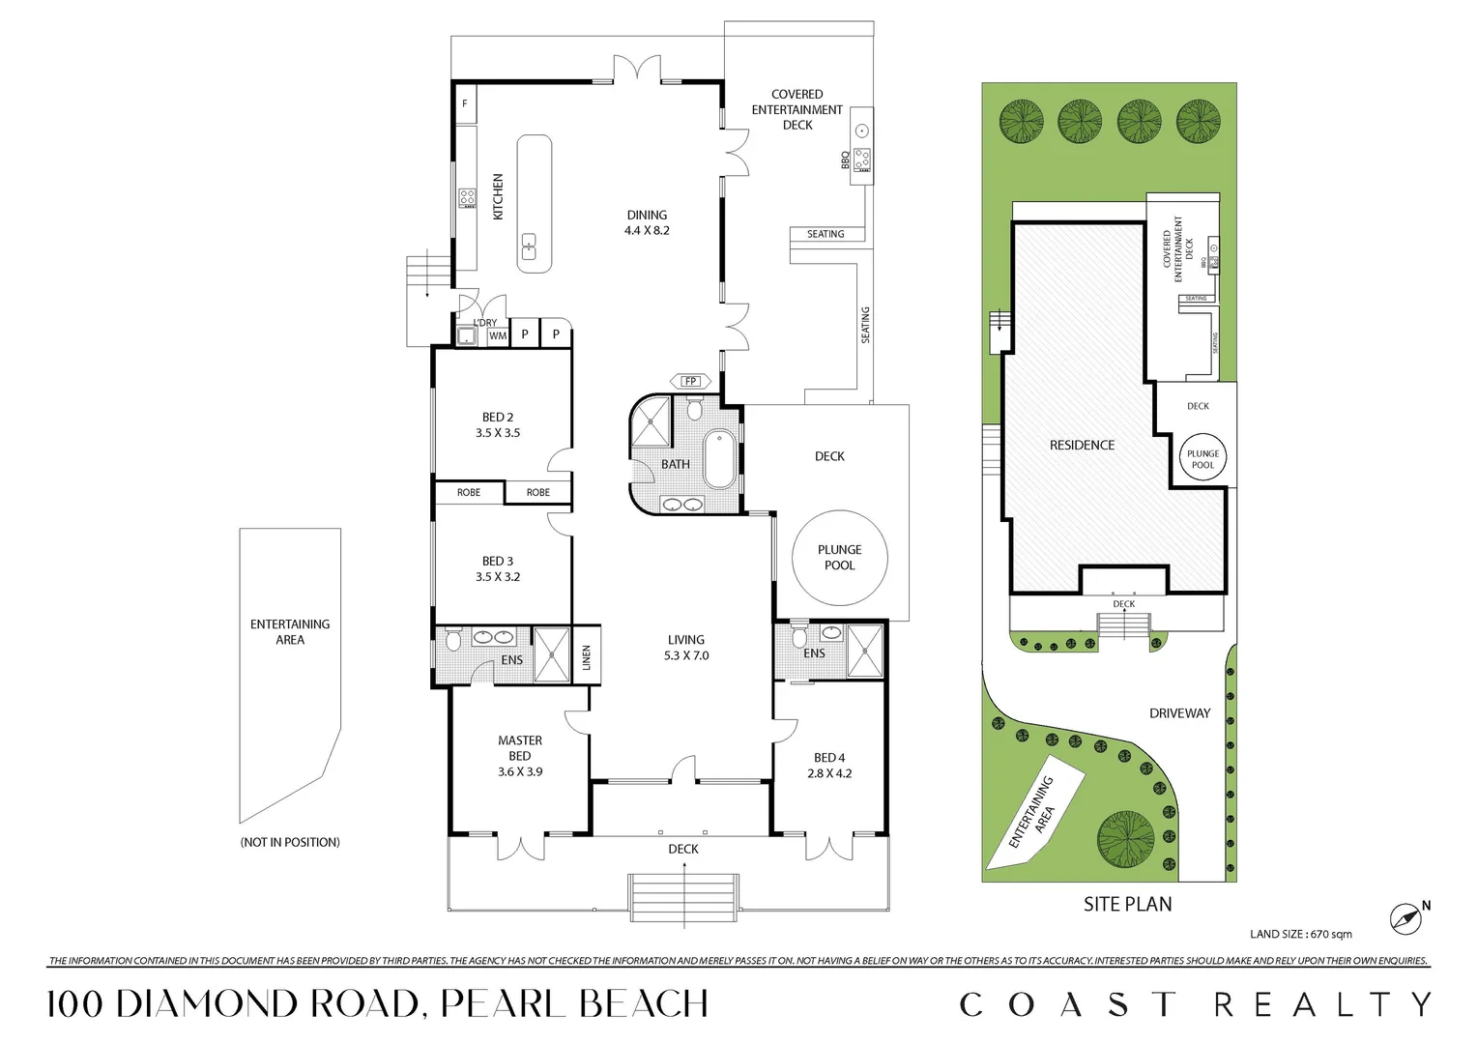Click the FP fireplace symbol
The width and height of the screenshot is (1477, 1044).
[690, 381]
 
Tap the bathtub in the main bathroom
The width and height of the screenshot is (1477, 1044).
[718, 459]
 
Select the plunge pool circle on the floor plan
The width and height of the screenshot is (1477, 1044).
[839, 558]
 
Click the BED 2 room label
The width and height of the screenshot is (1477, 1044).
[498, 418]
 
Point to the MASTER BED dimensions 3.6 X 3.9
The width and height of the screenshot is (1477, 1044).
[520, 772]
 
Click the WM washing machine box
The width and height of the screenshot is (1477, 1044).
[498, 335]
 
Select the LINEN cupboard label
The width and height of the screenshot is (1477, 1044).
[587, 657]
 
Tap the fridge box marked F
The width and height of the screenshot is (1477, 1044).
[465, 103]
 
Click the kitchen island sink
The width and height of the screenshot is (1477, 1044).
[530, 247]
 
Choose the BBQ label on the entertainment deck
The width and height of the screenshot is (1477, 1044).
[846, 160]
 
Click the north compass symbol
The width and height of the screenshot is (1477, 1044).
[1406, 918]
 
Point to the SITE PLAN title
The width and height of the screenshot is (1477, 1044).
[1127, 905]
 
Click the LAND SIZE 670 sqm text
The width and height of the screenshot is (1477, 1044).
[1300, 934]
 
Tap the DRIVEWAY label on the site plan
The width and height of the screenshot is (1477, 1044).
[1179, 713]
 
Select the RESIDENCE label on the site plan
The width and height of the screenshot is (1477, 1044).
[1082, 446]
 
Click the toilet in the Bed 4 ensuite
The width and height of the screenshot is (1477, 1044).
[798, 637]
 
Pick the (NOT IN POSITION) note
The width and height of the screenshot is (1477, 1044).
[290, 843]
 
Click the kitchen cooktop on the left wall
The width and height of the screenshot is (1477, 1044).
[467, 198]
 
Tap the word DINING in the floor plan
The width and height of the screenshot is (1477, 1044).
[647, 216]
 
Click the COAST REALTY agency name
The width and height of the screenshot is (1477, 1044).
[1195, 1005]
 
